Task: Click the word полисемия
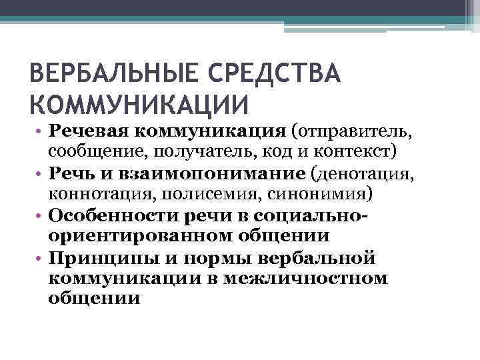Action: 204,193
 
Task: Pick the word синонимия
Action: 320,193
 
